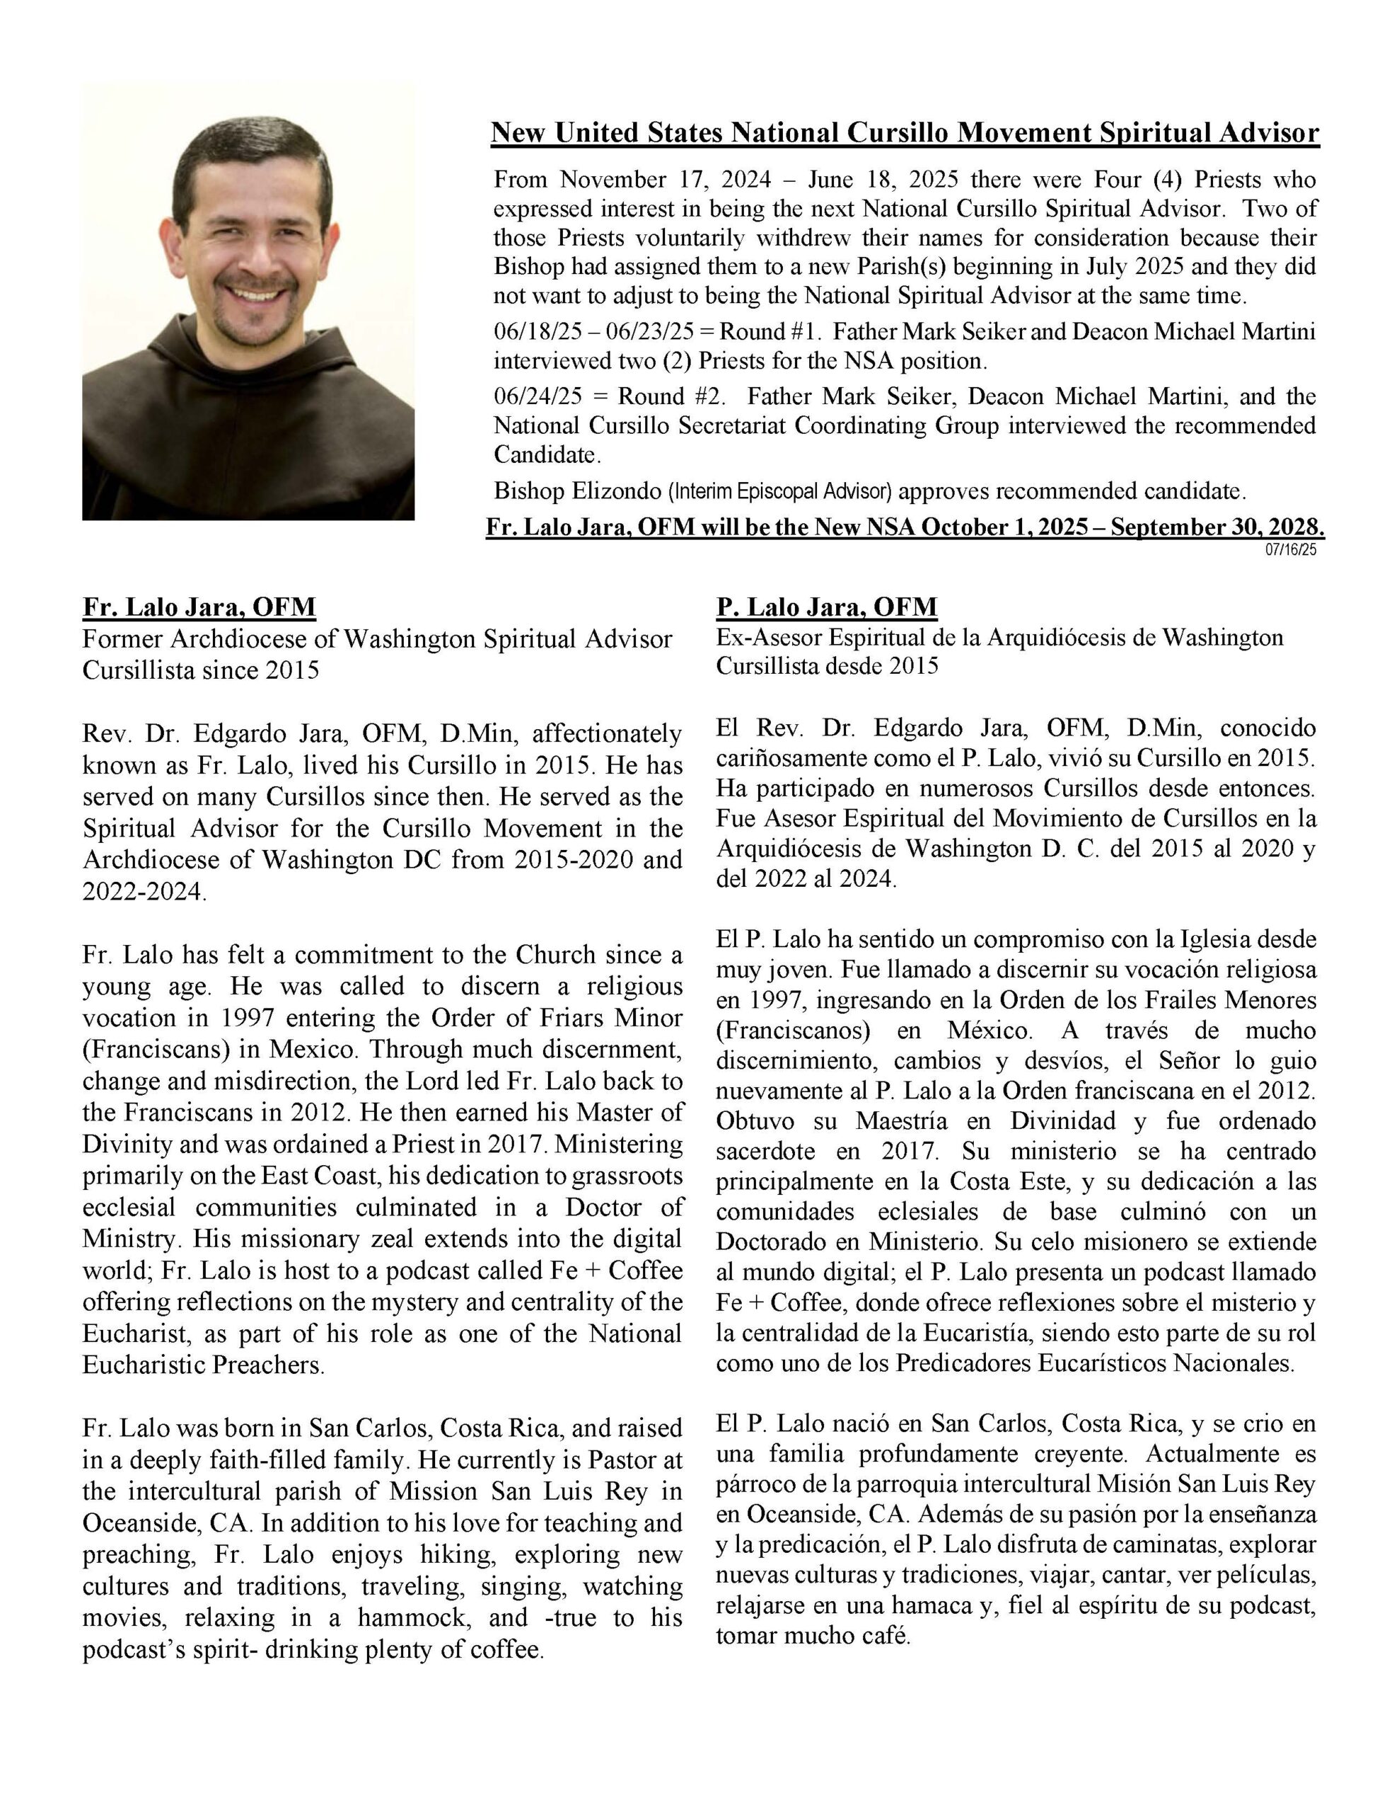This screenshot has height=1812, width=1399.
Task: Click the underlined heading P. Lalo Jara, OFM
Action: [826, 607]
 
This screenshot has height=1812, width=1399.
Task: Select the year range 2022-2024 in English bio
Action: [141, 892]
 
